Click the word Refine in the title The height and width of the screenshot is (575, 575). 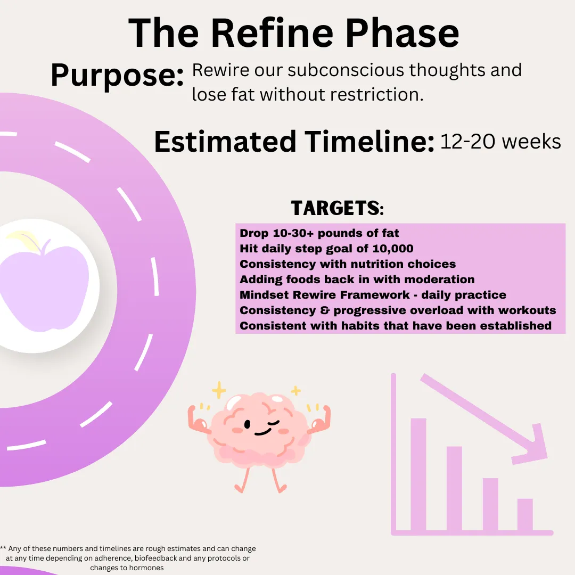273,33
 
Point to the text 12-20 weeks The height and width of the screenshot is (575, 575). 500,142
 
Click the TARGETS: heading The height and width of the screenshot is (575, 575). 338,208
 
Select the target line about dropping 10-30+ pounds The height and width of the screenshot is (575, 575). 319,233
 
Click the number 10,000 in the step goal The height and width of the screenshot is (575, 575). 393,249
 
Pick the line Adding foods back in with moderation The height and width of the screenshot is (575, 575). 357,280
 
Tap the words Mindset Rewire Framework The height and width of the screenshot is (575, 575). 325,295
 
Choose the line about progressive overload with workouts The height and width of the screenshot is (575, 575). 398,310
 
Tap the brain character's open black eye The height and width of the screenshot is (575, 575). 247,424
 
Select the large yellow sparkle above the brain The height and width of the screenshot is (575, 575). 219,390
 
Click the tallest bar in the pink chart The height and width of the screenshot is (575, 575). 418,474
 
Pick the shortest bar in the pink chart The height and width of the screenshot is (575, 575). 525,515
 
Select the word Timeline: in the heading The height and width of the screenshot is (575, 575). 369,142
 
